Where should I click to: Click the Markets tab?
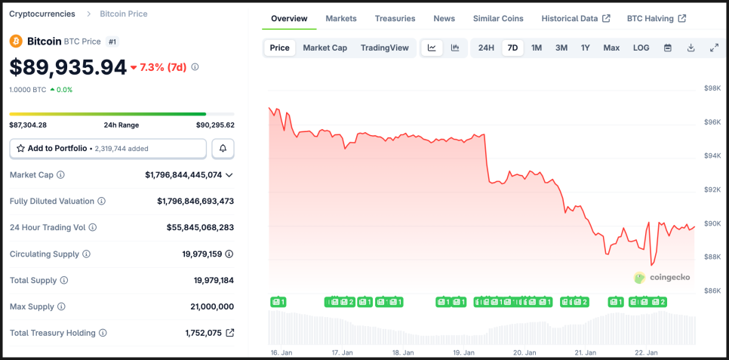(x=341, y=18)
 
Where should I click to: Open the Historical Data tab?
(x=576, y=18)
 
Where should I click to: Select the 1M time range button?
(x=537, y=48)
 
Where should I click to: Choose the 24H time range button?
(x=486, y=48)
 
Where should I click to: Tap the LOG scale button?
(x=641, y=48)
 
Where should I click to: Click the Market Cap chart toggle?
(x=325, y=48)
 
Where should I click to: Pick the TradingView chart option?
(x=384, y=48)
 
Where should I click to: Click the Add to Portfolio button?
(x=108, y=149)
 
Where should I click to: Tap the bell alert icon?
(x=223, y=149)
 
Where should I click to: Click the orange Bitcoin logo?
(x=16, y=41)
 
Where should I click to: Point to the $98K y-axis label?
(x=712, y=88)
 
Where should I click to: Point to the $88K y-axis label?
(x=712, y=257)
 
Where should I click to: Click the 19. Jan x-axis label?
(x=463, y=352)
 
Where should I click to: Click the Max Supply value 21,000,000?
(x=212, y=306)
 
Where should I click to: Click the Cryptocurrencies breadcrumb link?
(x=42, y=14)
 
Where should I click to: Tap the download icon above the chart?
(x=691, y=48)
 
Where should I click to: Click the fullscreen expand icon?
(x=714, y=48)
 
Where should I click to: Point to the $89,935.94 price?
(x=68, y=67)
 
